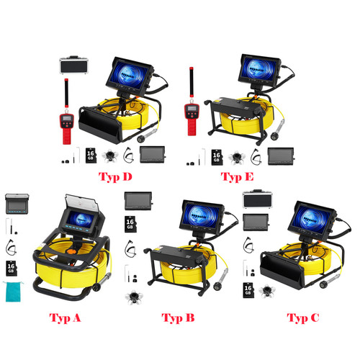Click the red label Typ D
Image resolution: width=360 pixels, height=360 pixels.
[115, 177]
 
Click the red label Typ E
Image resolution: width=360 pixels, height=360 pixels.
[237, 177]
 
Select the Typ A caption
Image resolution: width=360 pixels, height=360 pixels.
[65, 318]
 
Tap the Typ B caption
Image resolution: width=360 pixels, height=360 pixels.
[178, 318]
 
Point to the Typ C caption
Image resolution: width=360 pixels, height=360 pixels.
[303, 318]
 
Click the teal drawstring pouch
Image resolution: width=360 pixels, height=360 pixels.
[13, 292]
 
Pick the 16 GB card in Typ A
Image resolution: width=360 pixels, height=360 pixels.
[11, 269]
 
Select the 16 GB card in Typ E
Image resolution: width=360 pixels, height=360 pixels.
[217, 157]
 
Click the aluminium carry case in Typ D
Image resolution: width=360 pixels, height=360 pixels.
[73, 65]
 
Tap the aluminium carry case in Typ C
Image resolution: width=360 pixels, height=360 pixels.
[258, 199]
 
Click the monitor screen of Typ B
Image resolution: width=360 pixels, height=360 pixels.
[201, 215]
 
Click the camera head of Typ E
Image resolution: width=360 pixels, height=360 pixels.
[275, 136]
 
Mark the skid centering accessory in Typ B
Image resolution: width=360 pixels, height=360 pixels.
[134, 297]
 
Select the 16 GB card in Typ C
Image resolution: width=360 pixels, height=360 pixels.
[248, 290]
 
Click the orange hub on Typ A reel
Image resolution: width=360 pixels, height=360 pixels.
[71, 252]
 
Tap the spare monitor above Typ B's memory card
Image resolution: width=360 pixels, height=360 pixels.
[138, 201]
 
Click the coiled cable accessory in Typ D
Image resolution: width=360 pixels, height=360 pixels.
[128, 156]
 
